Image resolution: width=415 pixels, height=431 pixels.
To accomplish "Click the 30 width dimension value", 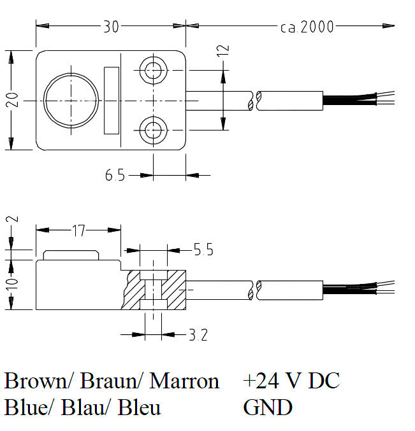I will click(111, 26).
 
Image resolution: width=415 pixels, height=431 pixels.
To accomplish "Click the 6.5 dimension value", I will click(115, 175).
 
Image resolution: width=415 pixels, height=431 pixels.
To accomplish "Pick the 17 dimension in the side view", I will click(78, 230).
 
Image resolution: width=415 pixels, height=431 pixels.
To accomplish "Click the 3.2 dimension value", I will click(198, 334).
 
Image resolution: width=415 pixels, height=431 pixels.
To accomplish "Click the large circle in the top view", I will click(71, 100).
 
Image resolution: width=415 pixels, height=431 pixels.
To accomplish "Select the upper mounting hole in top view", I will click(153, 70).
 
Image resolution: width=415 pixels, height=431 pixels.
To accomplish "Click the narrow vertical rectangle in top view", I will click(112, 100).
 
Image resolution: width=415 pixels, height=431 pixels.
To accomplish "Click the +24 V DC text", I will click(291, 381).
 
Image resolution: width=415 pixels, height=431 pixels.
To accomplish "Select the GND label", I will click(267, 407).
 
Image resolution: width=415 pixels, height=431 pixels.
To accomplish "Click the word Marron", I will click(184, 381).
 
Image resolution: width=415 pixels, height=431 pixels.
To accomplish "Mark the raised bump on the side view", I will click(71, 255).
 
